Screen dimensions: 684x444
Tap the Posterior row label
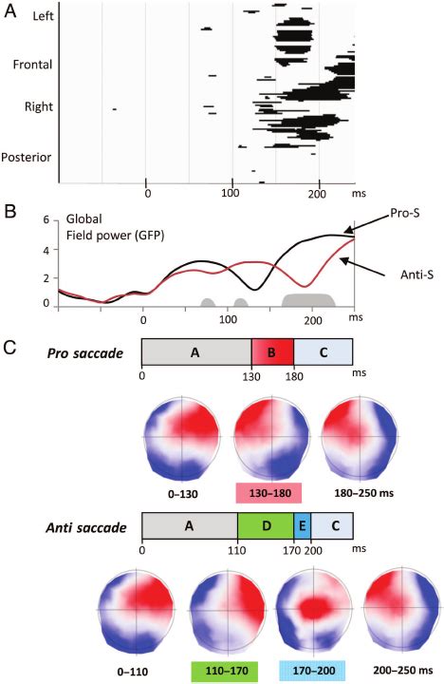click(28, 157)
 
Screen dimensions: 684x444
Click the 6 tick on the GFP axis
click(44, 218)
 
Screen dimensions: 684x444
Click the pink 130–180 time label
click(270, 494)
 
